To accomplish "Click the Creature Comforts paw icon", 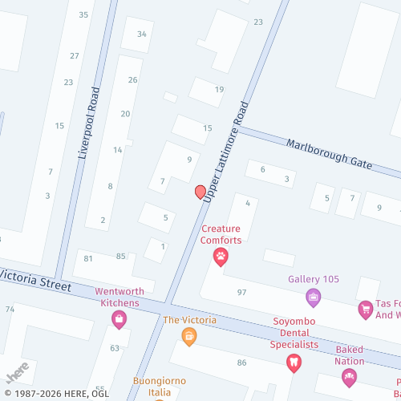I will point(221,257).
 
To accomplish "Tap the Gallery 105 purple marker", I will point(314,298).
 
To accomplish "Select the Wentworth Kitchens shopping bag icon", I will point(119,320).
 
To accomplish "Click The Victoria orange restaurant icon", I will point(189,336).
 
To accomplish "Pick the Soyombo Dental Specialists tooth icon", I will point(294,363).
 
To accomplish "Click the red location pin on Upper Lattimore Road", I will point(200,192).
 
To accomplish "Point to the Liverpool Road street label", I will point(88,124).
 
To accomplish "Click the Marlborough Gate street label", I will point(330,152).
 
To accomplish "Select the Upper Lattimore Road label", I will point(227,150).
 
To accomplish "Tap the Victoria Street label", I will point(36,280).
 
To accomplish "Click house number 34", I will point(142,34).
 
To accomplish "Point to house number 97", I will point(241,292).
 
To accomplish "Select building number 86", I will point(241,363).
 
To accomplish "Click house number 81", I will point(88,257).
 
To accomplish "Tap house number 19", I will point(219,89).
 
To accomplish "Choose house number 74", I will point(10,309).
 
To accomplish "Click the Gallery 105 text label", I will point(314,280).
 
